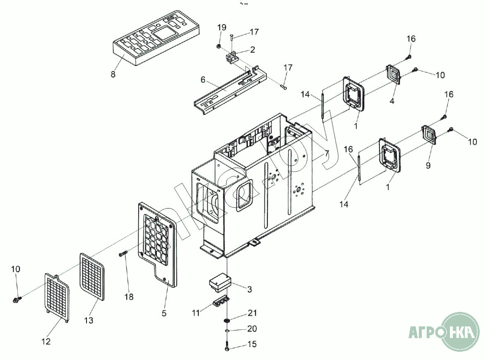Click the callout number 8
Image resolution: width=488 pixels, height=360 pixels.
pos(113,75)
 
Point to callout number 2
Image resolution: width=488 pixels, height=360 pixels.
pos(252,49)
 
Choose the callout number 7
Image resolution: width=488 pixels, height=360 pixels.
pos(327,154)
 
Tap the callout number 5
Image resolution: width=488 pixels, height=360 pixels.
pos(164,314)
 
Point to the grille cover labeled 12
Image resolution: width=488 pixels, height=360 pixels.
pos(57,296)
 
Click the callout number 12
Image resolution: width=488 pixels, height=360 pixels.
pos(46,342)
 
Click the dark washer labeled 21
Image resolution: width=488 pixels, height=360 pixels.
pos(227,321)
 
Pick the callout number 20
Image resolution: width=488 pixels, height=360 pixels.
pos(252,329)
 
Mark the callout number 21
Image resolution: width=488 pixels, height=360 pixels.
pos(252,313)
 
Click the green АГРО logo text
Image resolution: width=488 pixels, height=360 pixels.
pos(424,332)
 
